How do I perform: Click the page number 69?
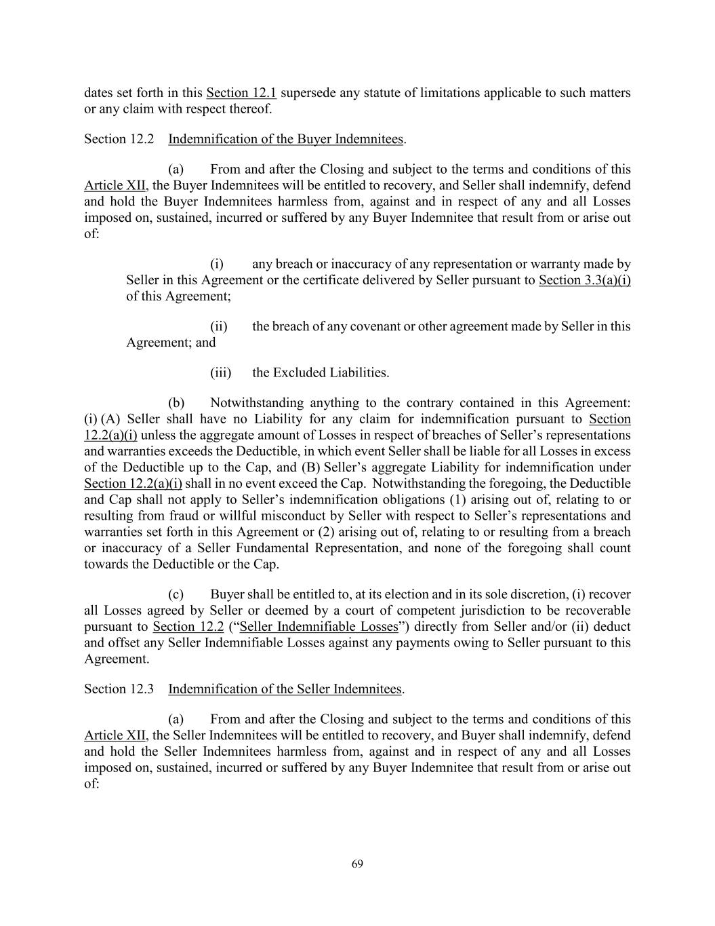358,864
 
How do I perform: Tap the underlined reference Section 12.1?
241,93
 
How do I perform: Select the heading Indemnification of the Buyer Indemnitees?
285,139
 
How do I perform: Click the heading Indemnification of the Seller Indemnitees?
285,689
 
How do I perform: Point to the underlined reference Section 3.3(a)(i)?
584,280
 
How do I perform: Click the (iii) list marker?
221,372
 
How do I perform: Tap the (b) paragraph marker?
176,403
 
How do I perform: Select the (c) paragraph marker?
176,594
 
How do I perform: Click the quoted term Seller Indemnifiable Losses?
319,627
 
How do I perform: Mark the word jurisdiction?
496,611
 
